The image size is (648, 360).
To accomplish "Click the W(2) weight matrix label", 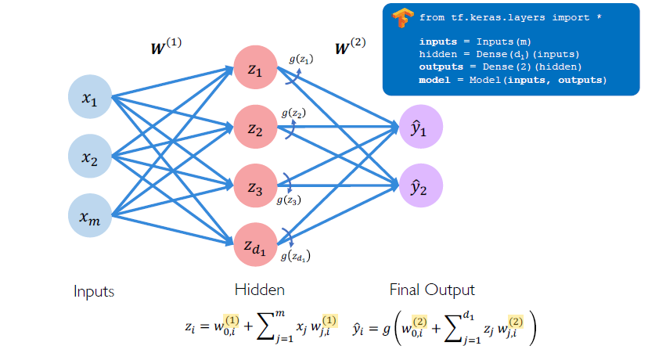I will coord(350,47).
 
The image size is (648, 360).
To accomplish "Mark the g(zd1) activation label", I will coord(301,254).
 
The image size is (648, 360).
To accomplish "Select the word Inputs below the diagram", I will coord(94,291).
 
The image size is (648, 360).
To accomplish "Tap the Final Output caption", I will coord(432,290).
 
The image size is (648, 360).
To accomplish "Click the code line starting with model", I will coord(513,80).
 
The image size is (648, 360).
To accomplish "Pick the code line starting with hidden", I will coord(499,54).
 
